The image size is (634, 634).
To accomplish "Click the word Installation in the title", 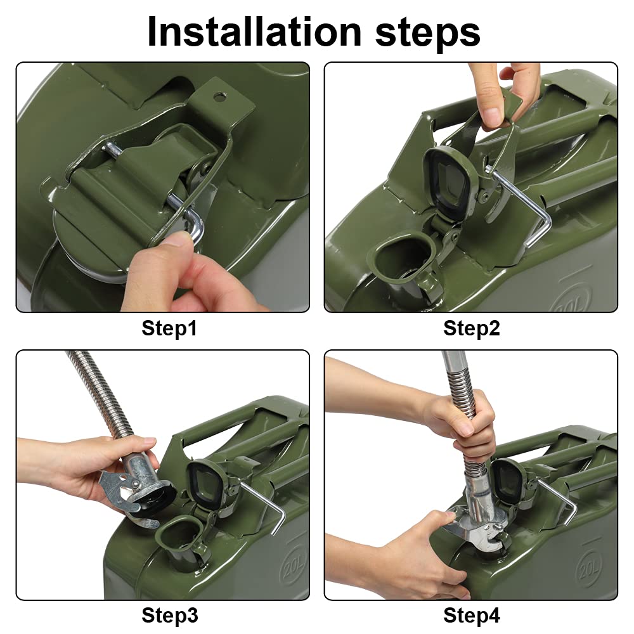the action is tap(254, 31).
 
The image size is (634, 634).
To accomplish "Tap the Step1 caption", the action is tap(169, 328).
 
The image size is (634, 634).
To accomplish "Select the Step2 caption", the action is tap(472, 328).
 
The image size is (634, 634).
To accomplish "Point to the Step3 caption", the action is tap(170, 616).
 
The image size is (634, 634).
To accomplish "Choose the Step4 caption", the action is tap(472, 616).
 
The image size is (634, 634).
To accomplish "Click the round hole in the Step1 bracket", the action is tap(220, 96).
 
